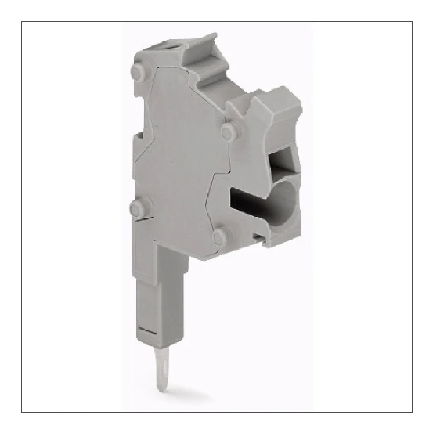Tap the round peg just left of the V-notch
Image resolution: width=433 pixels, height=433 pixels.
pos(228,132)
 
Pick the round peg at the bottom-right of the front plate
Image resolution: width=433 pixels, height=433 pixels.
pos(220,236)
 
